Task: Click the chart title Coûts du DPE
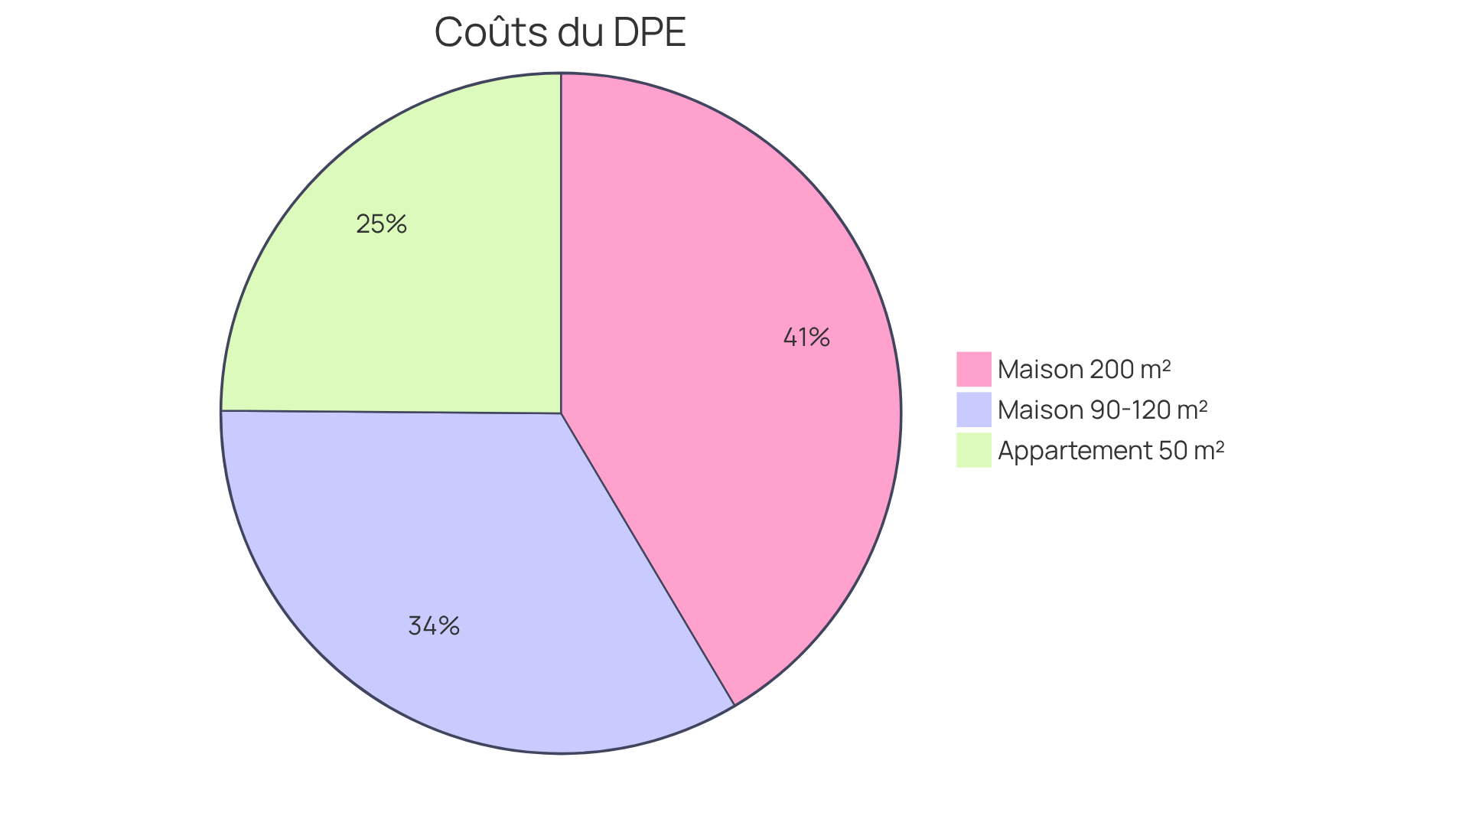click(x=559, y=33)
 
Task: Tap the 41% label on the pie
click(x=806, y=337)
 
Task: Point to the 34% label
click(x=434, y=626)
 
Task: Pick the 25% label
click(x=381, y=224)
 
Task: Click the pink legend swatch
click(x=973, y=369)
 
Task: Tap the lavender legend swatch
click(x=973, y=410)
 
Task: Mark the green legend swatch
click(x=973, y=450)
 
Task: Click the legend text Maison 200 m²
click(x=1084, y=369)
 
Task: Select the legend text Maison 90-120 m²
click(x=1103, y=410)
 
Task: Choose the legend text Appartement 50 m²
click(x=1111, y=450)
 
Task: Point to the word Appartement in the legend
click(x=1075, y=450)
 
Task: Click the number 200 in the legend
click(x=1111, y=369)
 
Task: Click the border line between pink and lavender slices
click(x=647, y=559)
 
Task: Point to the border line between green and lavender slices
click(x=390, y=412)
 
